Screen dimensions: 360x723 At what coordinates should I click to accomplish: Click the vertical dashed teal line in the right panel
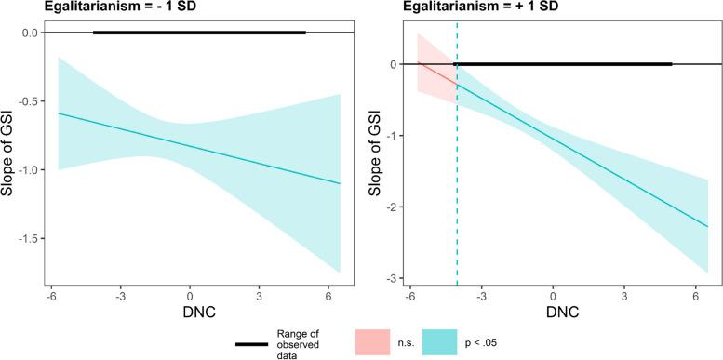click(x=457, y=186)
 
